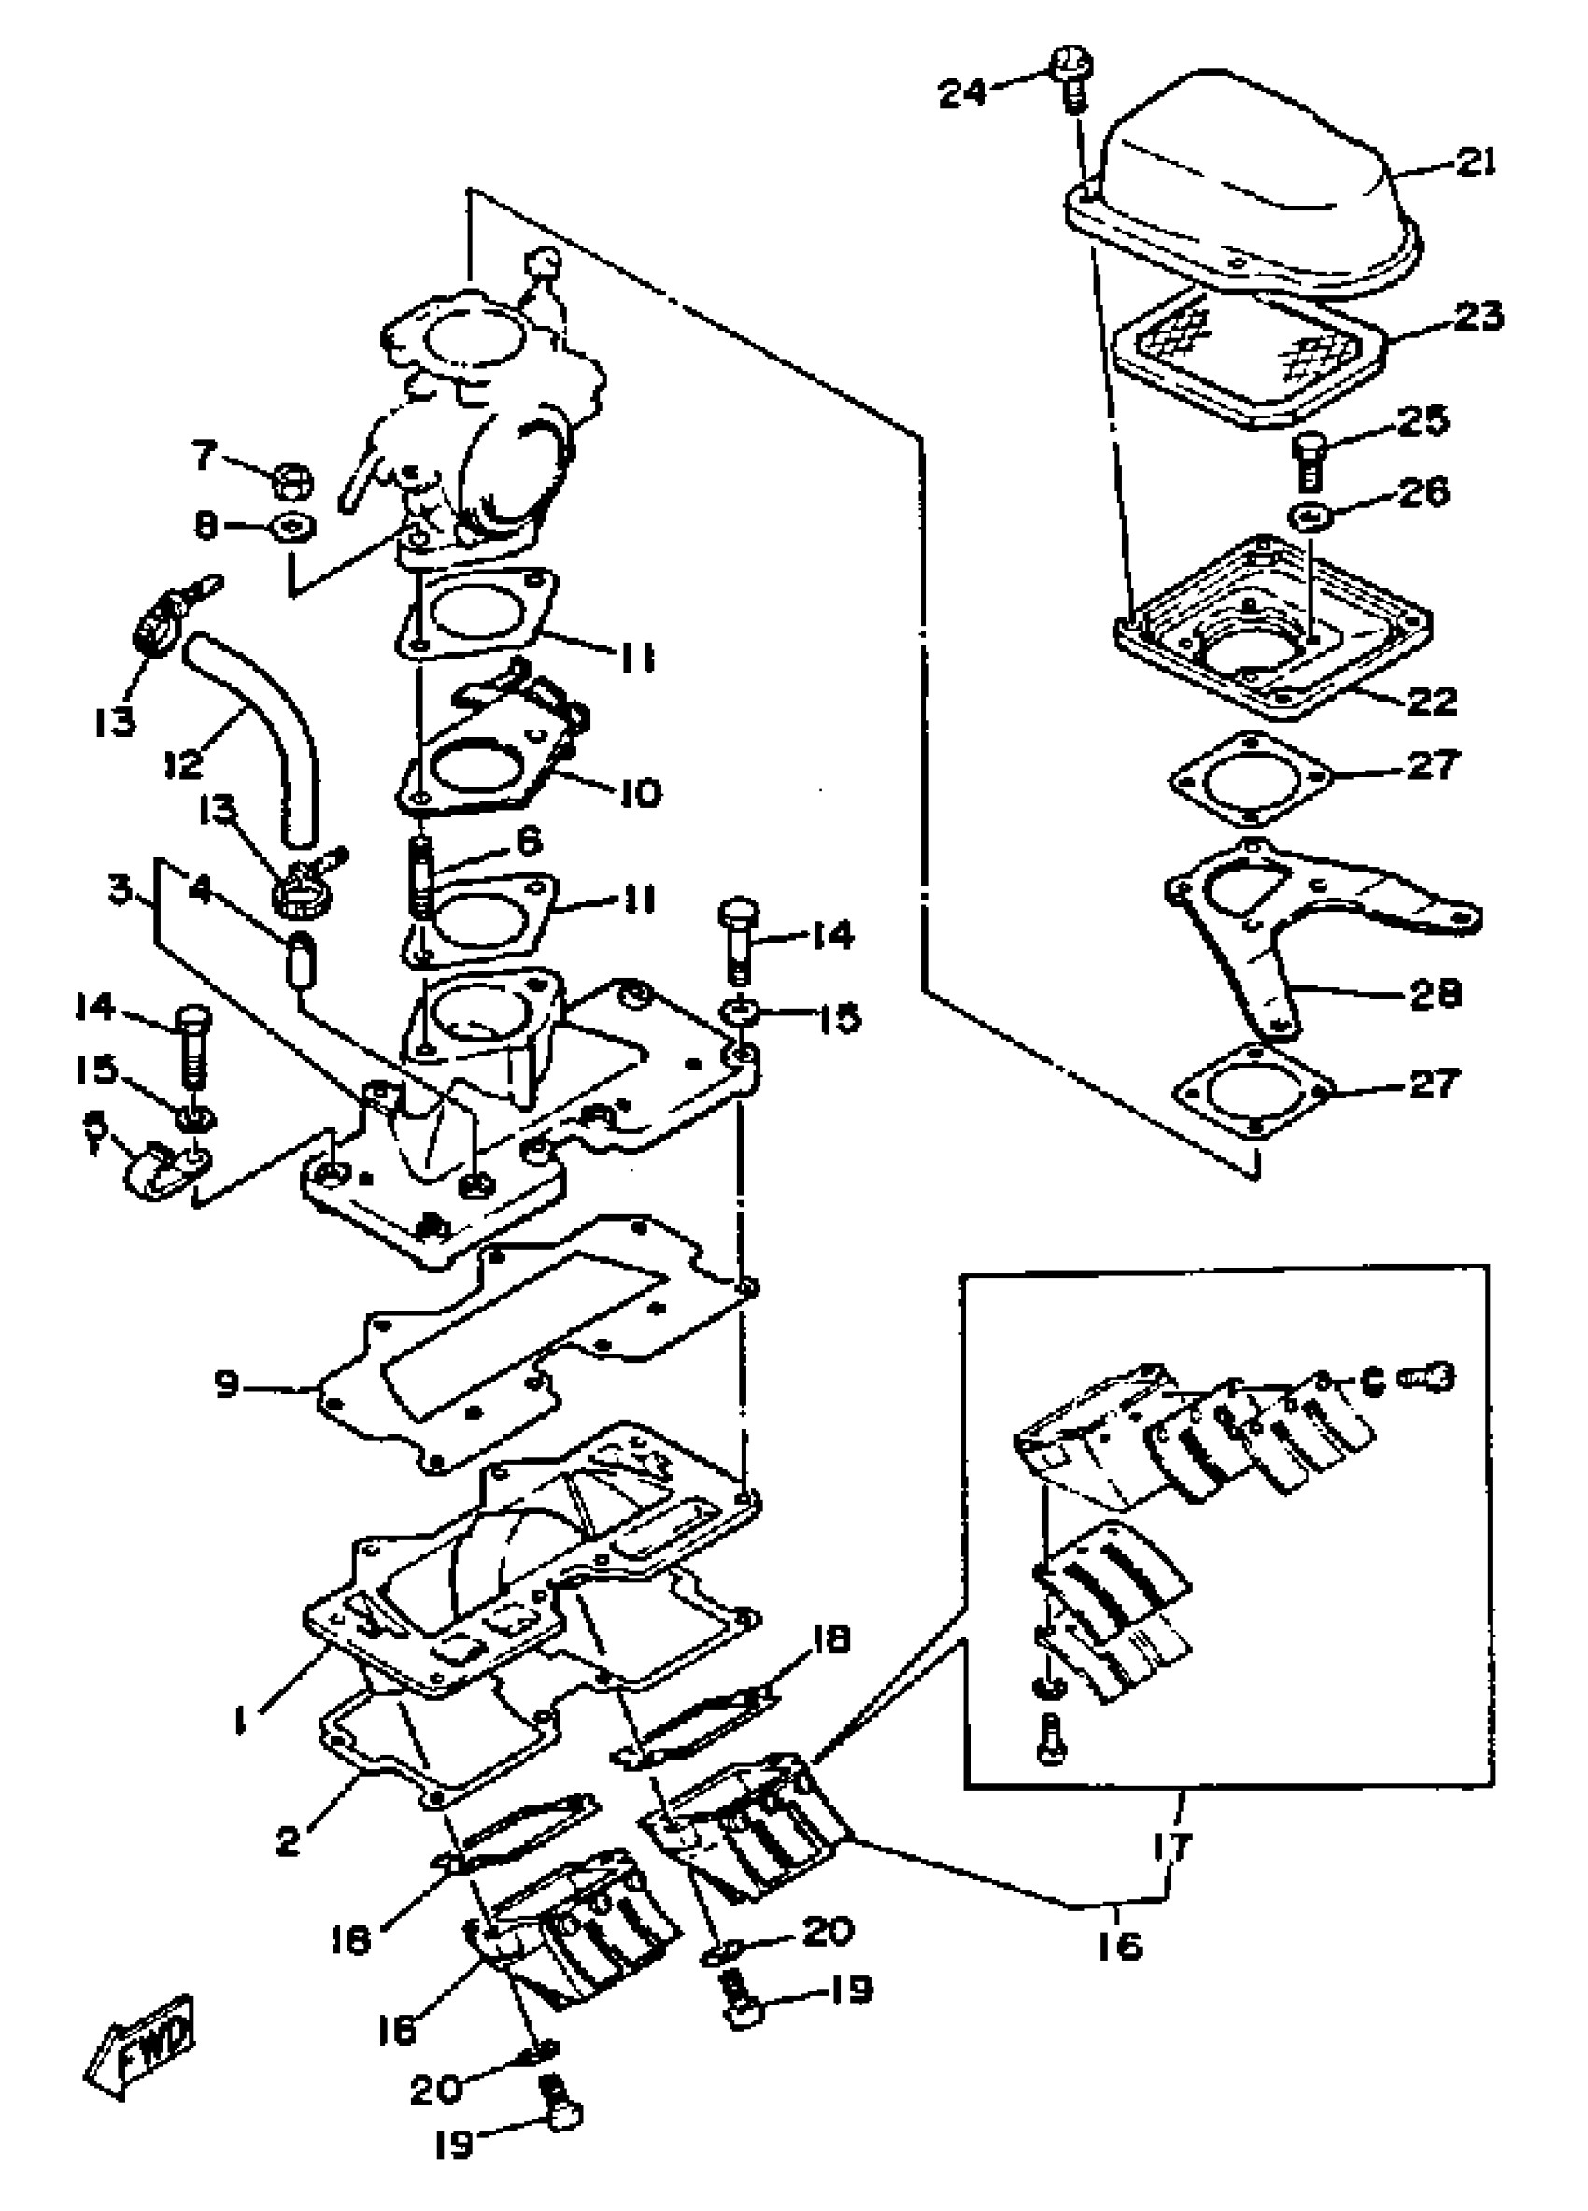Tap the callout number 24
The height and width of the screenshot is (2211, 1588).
pos(962,93)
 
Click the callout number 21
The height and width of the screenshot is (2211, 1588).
pos(1475,163)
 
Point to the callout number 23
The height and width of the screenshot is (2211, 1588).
pos(1479,316)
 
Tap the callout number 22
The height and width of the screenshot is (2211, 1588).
pos(1431,700)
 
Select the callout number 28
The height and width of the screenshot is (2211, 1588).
pos(1435,995)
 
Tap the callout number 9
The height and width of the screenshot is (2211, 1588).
pos(227,1383)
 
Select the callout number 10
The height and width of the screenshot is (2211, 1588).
pos(641,791)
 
